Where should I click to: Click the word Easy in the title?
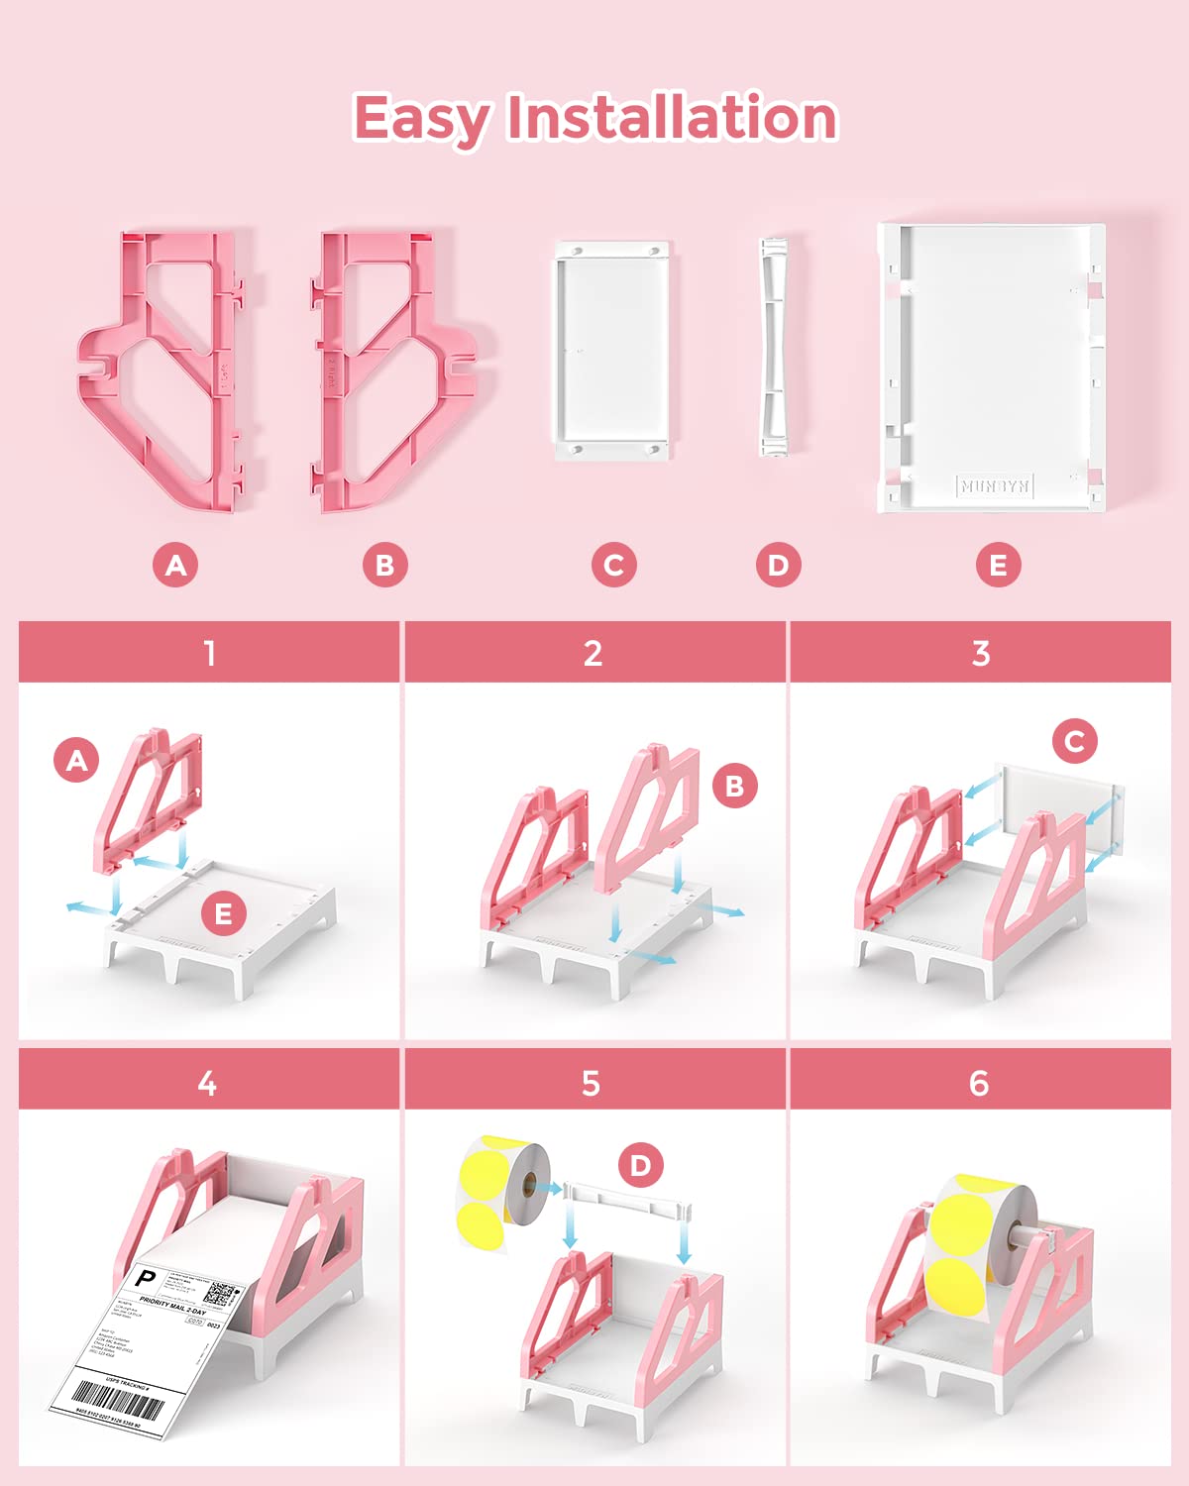pos(420,119)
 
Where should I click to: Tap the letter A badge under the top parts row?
pos(175,566)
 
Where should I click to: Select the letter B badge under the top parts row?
pos(384,566)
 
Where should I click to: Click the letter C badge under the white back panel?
pos(613,566)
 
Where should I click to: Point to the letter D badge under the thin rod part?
pos(778,566)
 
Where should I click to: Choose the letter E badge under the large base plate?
pos(998,566)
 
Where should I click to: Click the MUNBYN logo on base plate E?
pos(995,485)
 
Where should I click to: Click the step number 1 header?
pos(209,654)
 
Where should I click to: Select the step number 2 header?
pos(593,654)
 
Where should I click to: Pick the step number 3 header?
pos(980,654)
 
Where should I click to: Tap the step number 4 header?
pos(207,1083)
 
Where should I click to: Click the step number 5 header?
pos(591,1083)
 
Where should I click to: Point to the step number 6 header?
pos(979,1083)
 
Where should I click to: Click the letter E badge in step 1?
pos(223,913)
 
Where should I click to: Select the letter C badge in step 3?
pos(1074,741)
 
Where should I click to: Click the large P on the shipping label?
pos(146,1279)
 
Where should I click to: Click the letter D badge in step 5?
pos(640,1166)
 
